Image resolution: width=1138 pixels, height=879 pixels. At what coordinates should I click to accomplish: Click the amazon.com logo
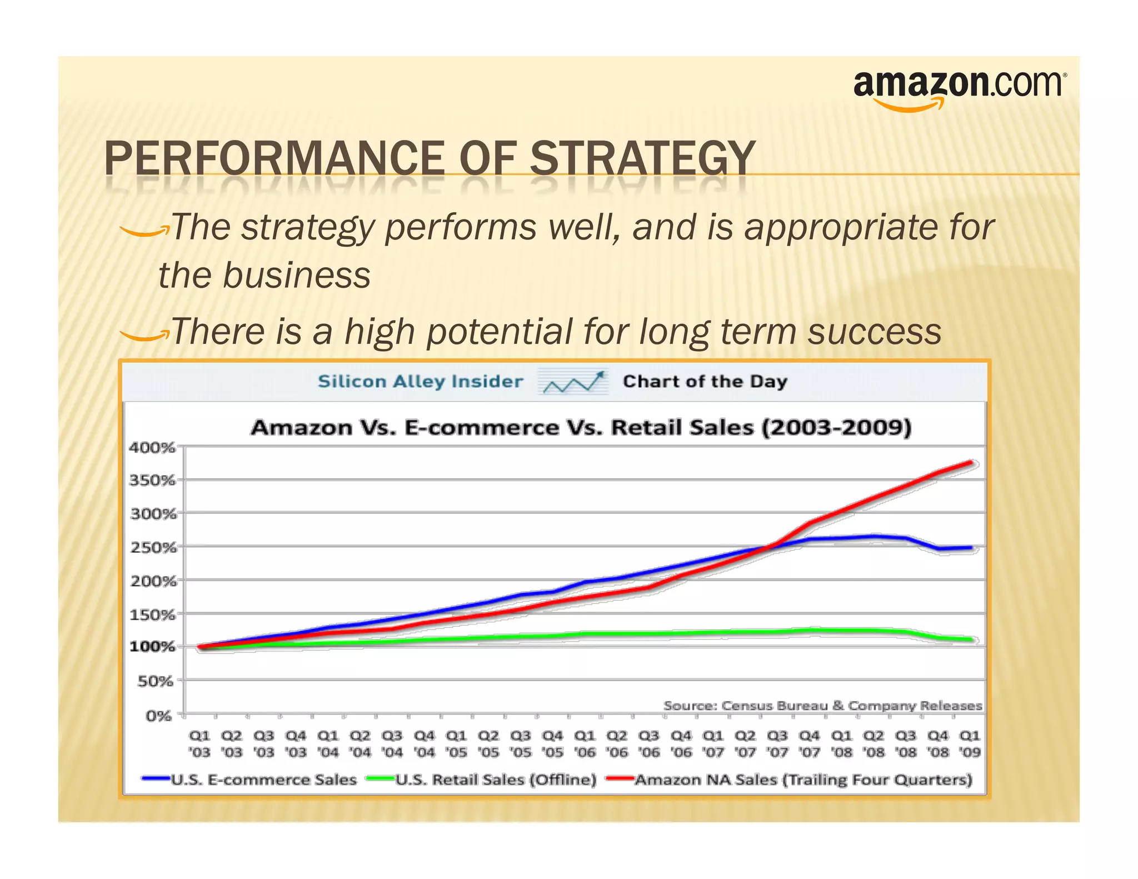pyautogui.click(x=959, y=89)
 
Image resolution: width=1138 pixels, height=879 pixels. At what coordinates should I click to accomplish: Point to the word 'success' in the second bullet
pyautogui.click(x=874, y=331)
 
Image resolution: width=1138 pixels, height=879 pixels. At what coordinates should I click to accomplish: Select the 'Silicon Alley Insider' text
pyautogui.click(x=420, y=382)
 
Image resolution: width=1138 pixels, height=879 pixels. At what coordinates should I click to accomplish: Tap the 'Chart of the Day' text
pyautogui.click(x=705, y=382)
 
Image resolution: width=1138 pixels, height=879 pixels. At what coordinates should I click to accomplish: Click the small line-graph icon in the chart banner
pyautogui.click(x=573, y=382)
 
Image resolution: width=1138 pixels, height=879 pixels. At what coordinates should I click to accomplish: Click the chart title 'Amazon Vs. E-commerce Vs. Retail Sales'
pyautogui.click(x=581, y=427)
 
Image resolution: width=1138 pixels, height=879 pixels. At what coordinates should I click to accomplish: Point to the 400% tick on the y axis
pyautogui.click(x=152, y=447)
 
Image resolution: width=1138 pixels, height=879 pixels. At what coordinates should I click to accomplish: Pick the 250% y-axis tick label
pyautogui.click(x=153, y=547)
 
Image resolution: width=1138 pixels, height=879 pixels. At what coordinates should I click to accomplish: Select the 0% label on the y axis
pyautogui.click(x=158, y=716)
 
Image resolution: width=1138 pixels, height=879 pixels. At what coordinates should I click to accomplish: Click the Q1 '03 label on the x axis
pyautogui.click(x=199, y=743)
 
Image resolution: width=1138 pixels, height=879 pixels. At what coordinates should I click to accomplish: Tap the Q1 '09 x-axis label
pyautogui.click(x=970, y=743)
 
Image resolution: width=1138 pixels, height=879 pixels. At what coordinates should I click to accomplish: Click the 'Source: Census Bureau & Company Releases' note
pyautogui.click(x=822, y=706)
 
